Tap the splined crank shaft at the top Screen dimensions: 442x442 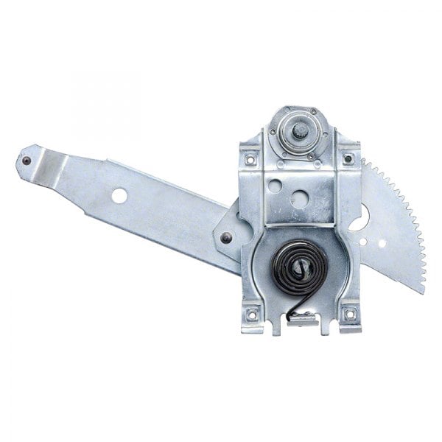click(x=302, y=131)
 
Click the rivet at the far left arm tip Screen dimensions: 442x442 click(x=27, y=161)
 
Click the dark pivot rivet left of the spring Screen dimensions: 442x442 click(x=227, y=237)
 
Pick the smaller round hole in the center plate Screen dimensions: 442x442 click(x=275, y=186)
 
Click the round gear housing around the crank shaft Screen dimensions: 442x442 click(x=301, y=133)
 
